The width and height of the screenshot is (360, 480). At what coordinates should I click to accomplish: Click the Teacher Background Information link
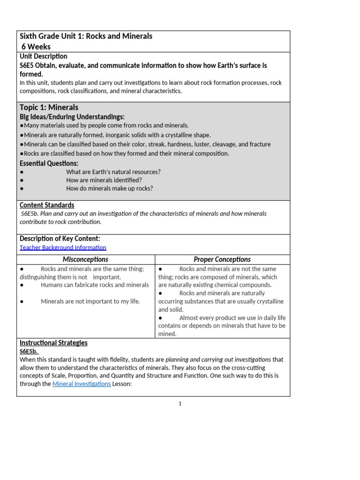point(63,247)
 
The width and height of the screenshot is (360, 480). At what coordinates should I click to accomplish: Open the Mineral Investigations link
point(82,384)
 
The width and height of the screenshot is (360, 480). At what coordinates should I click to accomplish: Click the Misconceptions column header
point(85,259)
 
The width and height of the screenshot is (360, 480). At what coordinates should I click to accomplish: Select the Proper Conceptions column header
point(222,259)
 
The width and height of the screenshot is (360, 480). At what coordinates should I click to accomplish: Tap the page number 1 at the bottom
point(180,404)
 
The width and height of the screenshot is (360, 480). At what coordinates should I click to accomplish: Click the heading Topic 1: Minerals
point(49,107)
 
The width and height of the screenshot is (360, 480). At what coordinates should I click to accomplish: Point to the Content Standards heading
point(47,205)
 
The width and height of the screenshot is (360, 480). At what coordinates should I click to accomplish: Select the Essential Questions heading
point(49,163)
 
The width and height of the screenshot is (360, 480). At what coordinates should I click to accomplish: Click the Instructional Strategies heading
point(53,343)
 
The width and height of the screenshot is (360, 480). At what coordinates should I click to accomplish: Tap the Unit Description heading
point(43,56)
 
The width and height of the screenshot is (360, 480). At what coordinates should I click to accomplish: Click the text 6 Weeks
point(36,46)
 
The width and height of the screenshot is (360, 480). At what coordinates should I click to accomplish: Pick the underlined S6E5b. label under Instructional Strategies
point(29,351)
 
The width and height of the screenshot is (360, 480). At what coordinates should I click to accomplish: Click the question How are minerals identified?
point(104,180)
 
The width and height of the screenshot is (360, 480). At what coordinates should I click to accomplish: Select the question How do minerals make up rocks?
point(110,188)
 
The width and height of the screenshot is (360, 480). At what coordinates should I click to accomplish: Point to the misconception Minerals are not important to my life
point(90,301)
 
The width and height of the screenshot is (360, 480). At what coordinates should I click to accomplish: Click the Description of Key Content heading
point(60,239)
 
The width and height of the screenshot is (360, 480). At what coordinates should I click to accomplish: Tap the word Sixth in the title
point(30,36)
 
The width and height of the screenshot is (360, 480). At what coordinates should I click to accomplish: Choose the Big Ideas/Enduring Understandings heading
point(72,117)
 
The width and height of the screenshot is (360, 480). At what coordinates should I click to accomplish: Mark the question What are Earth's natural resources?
point(113,172)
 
